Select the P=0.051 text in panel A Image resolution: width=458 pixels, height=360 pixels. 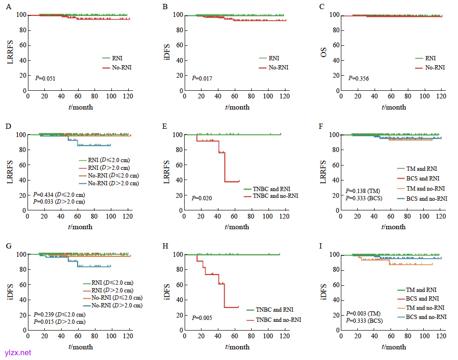(x=46, y=78)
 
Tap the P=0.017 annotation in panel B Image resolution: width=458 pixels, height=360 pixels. (x=202, y=78)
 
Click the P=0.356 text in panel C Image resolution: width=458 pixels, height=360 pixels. (x=359, y=78)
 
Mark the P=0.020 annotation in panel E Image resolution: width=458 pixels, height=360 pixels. (x=202, y=198)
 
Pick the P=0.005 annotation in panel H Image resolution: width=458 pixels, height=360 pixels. (x=202, y=318)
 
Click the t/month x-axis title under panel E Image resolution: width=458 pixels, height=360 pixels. (x=236, y=227)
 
